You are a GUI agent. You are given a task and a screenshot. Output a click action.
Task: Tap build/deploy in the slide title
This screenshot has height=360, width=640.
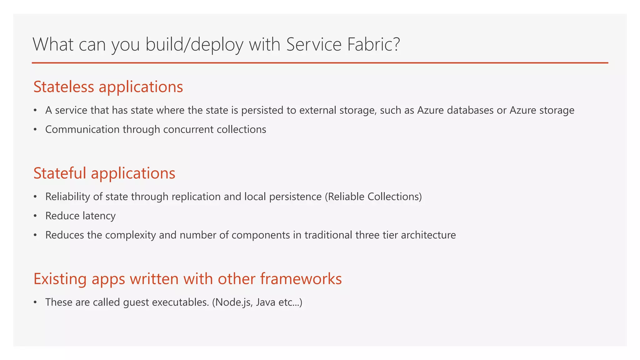[x=194, y=44]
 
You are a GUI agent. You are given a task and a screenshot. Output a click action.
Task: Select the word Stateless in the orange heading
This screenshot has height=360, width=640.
[x=63, y=87]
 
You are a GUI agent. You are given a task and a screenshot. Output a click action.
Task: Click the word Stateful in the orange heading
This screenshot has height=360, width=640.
[x=60, y=173]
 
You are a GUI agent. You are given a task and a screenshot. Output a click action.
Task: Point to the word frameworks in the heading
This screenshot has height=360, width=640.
[x=301, y=279]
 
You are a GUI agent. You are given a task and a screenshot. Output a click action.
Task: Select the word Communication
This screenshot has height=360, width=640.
[x=82, y=129]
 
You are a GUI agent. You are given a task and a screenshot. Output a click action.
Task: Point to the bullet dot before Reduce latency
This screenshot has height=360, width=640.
[x=35, y=216]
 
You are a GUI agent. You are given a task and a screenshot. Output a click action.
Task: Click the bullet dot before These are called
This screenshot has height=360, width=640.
[x=35, y=302]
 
